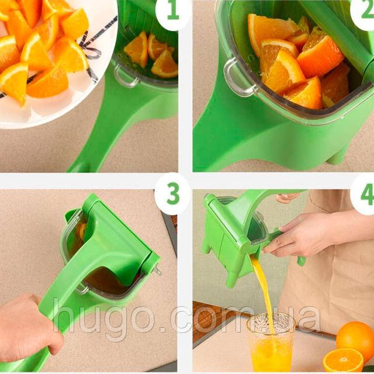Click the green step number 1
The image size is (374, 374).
(x=173, y=11)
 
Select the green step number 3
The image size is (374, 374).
(x=173, y=193)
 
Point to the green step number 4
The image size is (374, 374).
(x=368, y=194)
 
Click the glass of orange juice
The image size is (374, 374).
(x=271, y=344)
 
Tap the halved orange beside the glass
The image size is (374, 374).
(x=343, y=361)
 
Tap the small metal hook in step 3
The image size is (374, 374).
(x=158, y=271)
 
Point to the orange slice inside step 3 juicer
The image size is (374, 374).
(x=82, y=231)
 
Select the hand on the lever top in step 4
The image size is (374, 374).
(x=286, y=198)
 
